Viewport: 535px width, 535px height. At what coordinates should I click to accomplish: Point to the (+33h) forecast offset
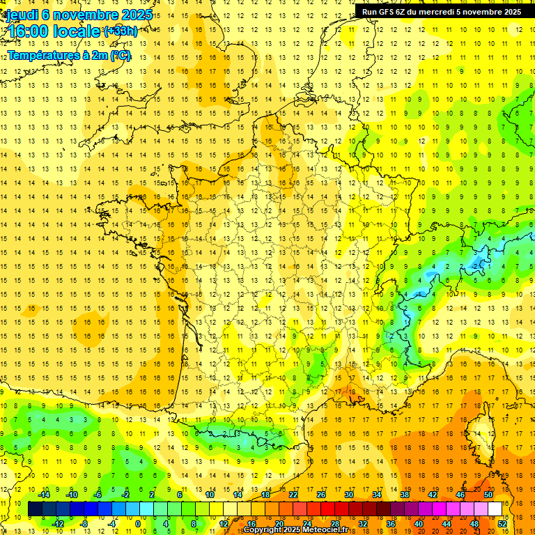pos(120,31)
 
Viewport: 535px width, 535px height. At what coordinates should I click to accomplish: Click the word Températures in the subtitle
pos(40,54)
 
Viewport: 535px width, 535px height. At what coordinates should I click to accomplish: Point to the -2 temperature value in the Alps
pos(476,266)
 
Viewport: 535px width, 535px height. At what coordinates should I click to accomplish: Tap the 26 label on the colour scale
pos(321,495)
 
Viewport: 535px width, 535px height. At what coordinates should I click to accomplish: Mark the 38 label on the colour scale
pos(405,495)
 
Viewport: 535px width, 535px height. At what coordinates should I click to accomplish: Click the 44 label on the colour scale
pos(447,523)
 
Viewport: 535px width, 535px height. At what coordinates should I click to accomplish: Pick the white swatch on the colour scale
pos(495,509)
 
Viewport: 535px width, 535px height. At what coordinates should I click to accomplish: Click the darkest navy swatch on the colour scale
pos(35,509)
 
